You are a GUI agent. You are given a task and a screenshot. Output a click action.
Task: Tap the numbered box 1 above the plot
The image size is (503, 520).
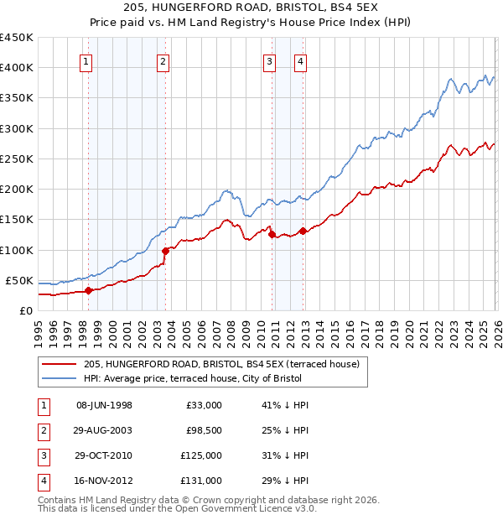(x=87, y=60)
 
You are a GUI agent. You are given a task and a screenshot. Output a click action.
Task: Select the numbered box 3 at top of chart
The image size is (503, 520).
(x=269, y=60)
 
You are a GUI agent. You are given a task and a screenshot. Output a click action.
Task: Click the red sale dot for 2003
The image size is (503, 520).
(x=165, y=250)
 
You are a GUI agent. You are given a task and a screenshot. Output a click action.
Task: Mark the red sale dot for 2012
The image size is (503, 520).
(x=303, y=231)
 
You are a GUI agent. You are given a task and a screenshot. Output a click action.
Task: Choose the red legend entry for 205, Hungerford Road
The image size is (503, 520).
(x=221, y=364)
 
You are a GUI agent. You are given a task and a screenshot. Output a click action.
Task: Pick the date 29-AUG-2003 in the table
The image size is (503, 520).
(x=104, y=430)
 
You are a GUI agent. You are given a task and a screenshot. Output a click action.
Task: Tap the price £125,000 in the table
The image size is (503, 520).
(x=201, y=455)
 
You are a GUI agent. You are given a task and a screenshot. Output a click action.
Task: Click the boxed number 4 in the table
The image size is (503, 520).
(x=43, y=481)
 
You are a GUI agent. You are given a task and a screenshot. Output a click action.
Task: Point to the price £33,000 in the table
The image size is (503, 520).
(x=204, y=405)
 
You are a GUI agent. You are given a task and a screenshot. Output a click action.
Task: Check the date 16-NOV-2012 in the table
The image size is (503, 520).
(x=104, y=481)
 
